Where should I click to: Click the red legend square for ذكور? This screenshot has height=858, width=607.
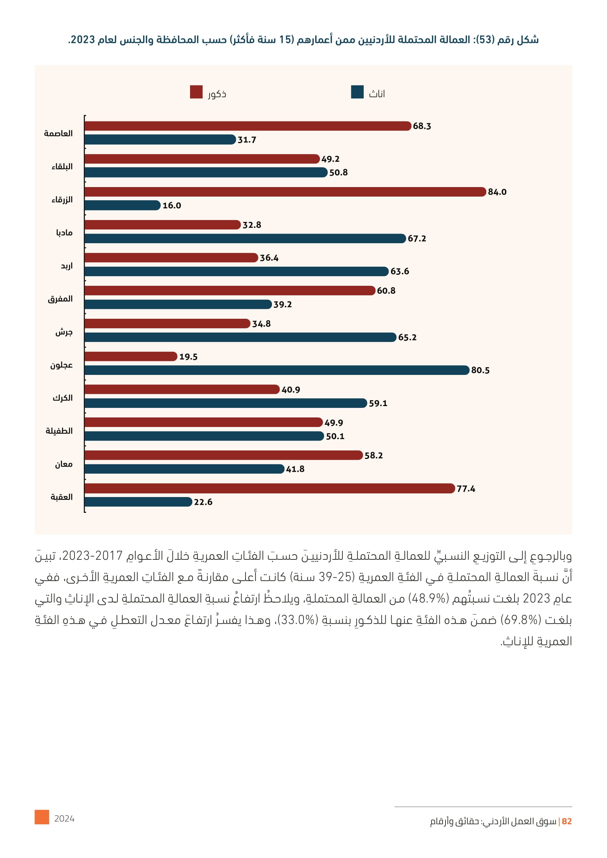point(196,92)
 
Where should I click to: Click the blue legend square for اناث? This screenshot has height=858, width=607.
point(357,92)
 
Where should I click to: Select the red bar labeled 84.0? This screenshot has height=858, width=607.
point(285,192)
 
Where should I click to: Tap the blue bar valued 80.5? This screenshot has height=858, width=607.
point(277,370)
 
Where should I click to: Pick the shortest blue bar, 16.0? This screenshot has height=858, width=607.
point(123,205)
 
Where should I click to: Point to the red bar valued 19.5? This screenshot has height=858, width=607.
point(131,357)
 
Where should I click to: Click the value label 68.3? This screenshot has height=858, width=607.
point(422,126)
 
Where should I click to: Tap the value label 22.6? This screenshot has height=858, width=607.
point(203,502)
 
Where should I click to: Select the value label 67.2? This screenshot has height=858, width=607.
point(417,238)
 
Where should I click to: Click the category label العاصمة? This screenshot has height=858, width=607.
point(58,134)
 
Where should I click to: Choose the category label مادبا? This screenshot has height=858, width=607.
point(64,233)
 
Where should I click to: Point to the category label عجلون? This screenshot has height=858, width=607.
point(61,365)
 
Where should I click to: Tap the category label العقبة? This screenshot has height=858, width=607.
point(62,497)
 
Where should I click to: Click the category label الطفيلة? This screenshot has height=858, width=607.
point(59,431)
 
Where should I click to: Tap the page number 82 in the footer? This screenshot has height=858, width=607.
point(567,821)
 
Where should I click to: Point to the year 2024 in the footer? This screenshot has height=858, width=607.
point(64,819)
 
